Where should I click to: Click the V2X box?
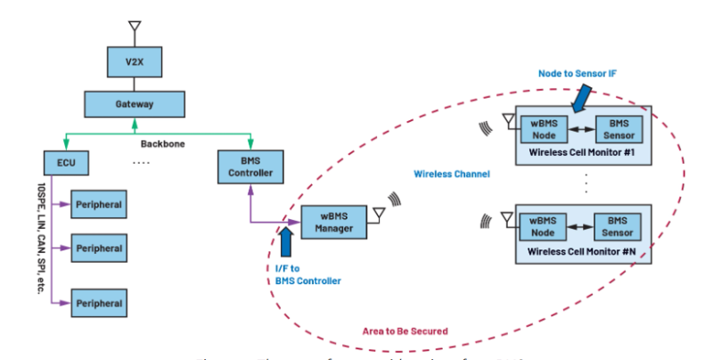[135, 65]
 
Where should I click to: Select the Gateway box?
[135, 103]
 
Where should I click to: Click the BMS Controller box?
[251, 165]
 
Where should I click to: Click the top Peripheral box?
[98, 203]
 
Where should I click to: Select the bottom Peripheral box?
[98, 303]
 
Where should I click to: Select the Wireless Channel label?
[452, 175]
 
